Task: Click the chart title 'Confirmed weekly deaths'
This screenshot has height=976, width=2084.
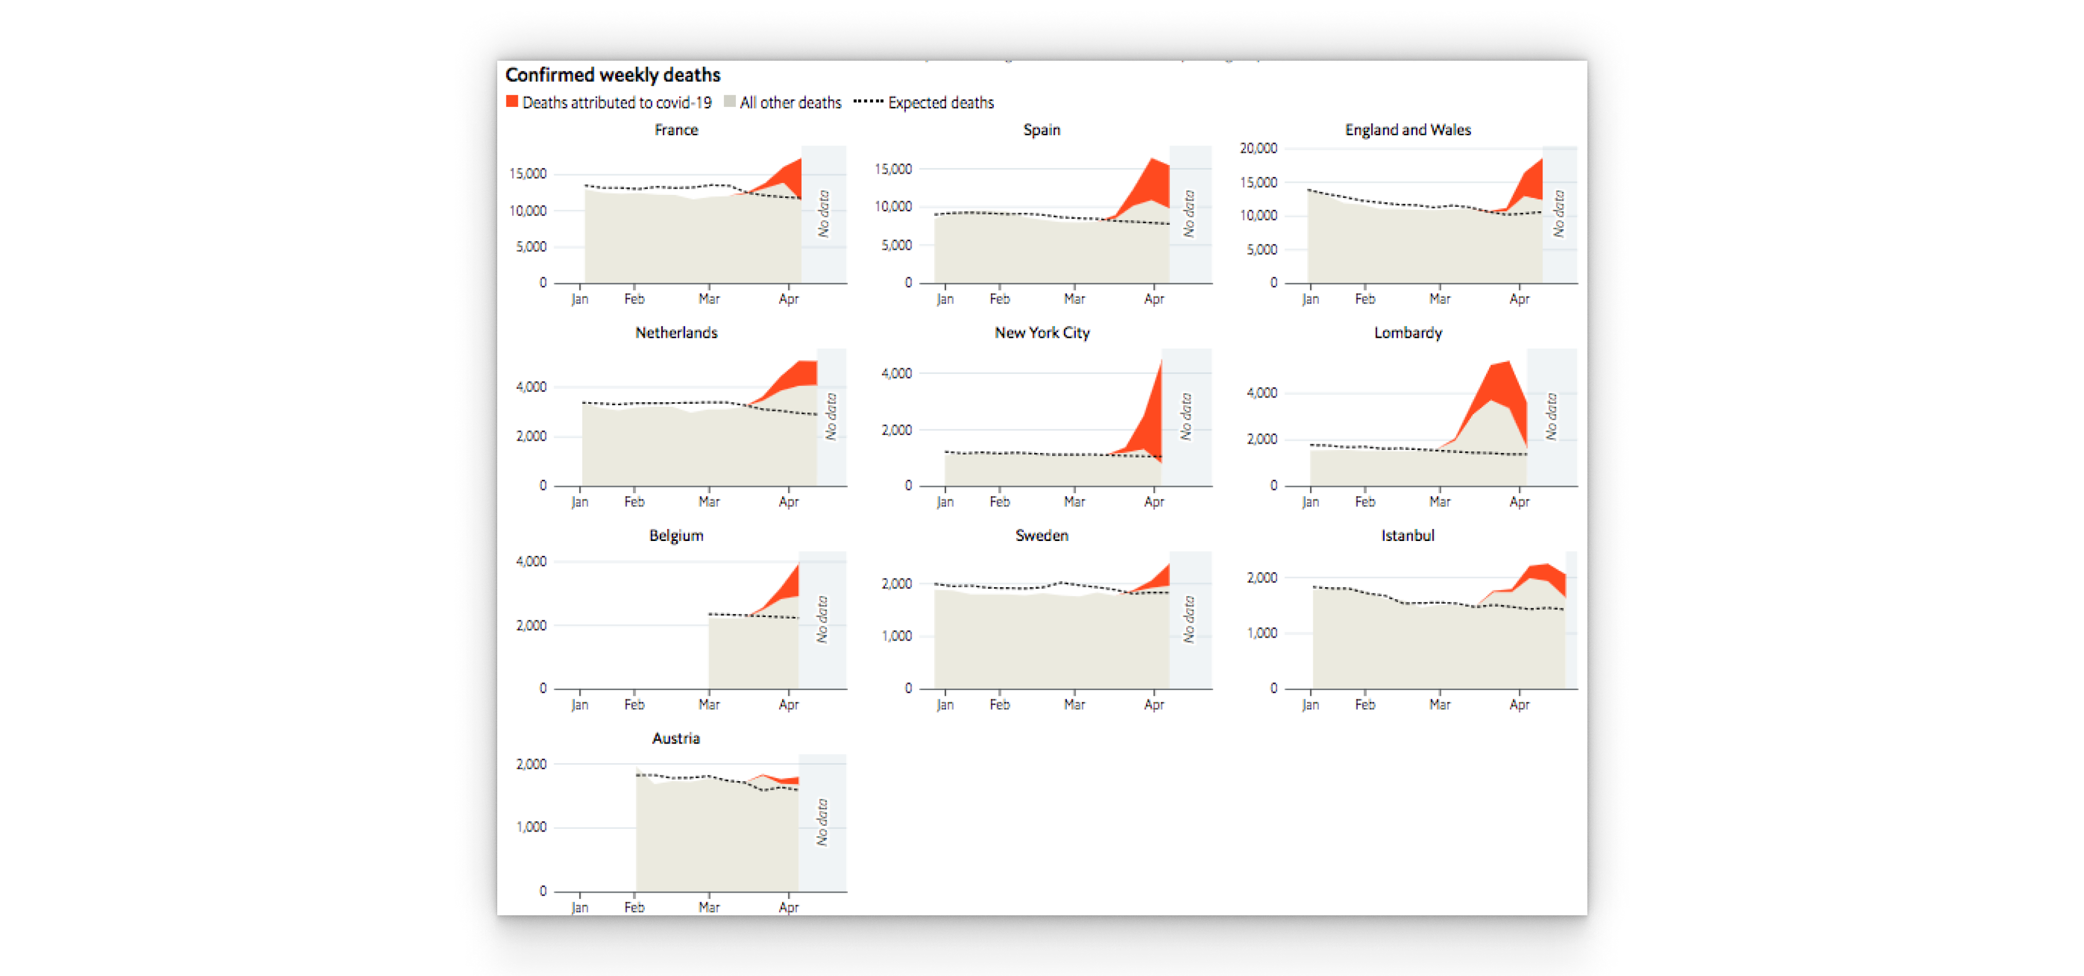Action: pos(612,75)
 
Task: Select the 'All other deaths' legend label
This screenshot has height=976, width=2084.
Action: pos(790,103)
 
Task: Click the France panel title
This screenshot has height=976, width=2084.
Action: pos(676,130)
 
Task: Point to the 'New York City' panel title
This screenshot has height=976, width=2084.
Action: pos(1042,333)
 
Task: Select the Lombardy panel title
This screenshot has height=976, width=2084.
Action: pos(1408,333)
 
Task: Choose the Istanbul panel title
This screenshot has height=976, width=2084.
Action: pos(1408,536)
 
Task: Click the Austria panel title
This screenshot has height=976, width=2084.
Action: pos(676,738)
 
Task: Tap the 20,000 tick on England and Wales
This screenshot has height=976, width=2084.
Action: pos(1258,148)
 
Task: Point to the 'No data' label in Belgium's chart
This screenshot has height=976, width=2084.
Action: pos(823,619)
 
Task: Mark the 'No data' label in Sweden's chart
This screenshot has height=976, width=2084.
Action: pos(1188,619)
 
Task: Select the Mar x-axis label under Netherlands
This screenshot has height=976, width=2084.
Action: pos(709,502)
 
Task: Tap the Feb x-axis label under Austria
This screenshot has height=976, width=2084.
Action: pos(635,907)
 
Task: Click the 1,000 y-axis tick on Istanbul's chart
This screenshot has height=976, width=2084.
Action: pos(1261,633)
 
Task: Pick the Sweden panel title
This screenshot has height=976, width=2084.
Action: pos(1042,536)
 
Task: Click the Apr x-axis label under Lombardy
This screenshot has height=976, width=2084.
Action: pos(1519,502)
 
